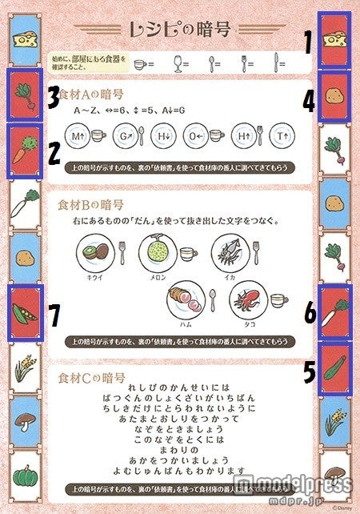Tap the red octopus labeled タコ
point(249,303)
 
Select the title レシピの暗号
point(179,30)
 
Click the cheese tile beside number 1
point(334,39)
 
